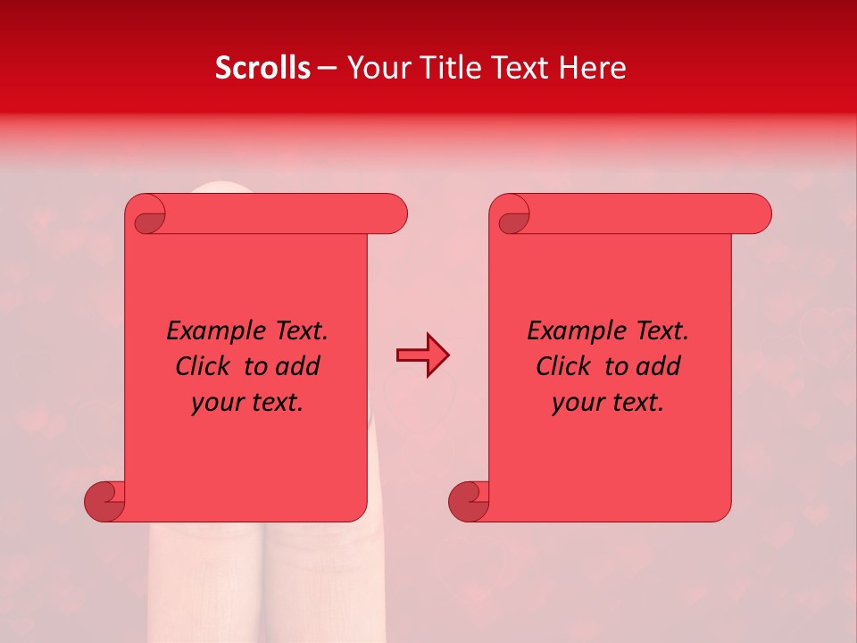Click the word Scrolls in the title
pos(263,68)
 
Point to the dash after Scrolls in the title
pos(327,69)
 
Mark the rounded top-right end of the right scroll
pos(757,214)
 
